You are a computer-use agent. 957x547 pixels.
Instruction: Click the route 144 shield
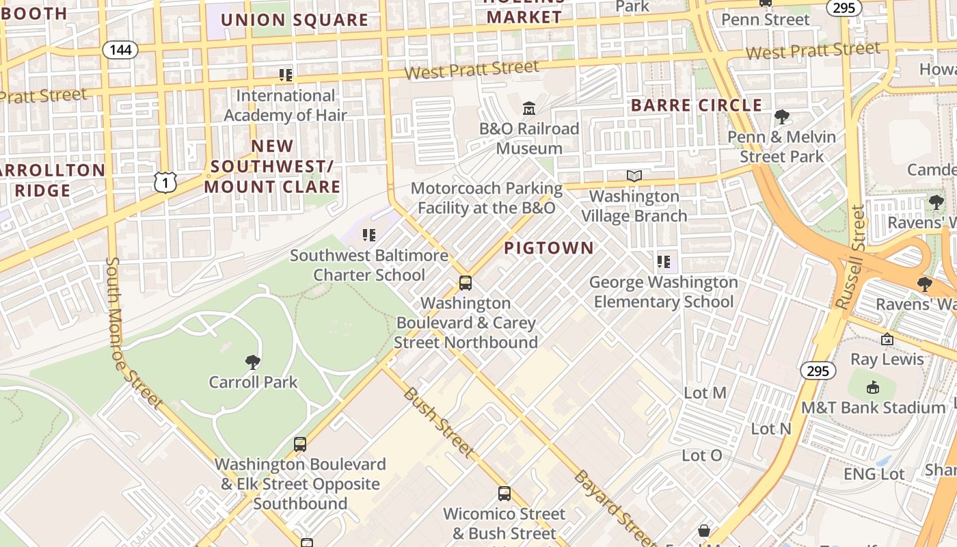pos(121,49)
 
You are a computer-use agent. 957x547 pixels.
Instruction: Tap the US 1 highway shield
pos(165,182)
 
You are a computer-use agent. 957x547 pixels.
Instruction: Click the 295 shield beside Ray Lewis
pos(818,371)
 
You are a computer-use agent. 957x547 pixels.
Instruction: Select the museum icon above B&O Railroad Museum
pos(529,109)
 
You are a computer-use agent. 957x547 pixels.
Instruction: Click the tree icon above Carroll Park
pos(253,362)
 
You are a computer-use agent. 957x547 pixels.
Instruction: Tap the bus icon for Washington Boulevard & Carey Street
pos(466,283)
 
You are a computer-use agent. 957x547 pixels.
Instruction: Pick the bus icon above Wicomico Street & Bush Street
pos(504,494)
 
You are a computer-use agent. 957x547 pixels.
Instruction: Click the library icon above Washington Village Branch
pos(634,176)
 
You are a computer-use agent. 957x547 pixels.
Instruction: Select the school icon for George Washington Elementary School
pos(663,262)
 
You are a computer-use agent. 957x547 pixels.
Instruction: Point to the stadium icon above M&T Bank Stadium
pos(873,388)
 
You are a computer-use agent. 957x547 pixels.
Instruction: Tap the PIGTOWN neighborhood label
pos(549,248)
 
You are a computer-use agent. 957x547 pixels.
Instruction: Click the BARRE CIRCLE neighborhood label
pos(696,105)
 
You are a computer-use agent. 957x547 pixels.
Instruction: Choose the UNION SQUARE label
pos(294,20)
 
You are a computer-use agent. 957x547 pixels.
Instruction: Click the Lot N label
pos(770,429)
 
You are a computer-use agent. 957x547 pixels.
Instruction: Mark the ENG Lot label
pos(874,474)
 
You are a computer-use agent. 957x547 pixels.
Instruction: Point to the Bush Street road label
pos(437,422)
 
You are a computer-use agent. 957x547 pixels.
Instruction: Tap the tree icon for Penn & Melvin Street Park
pos(781,117)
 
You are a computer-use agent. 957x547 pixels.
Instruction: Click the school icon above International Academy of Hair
pos(286,75)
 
